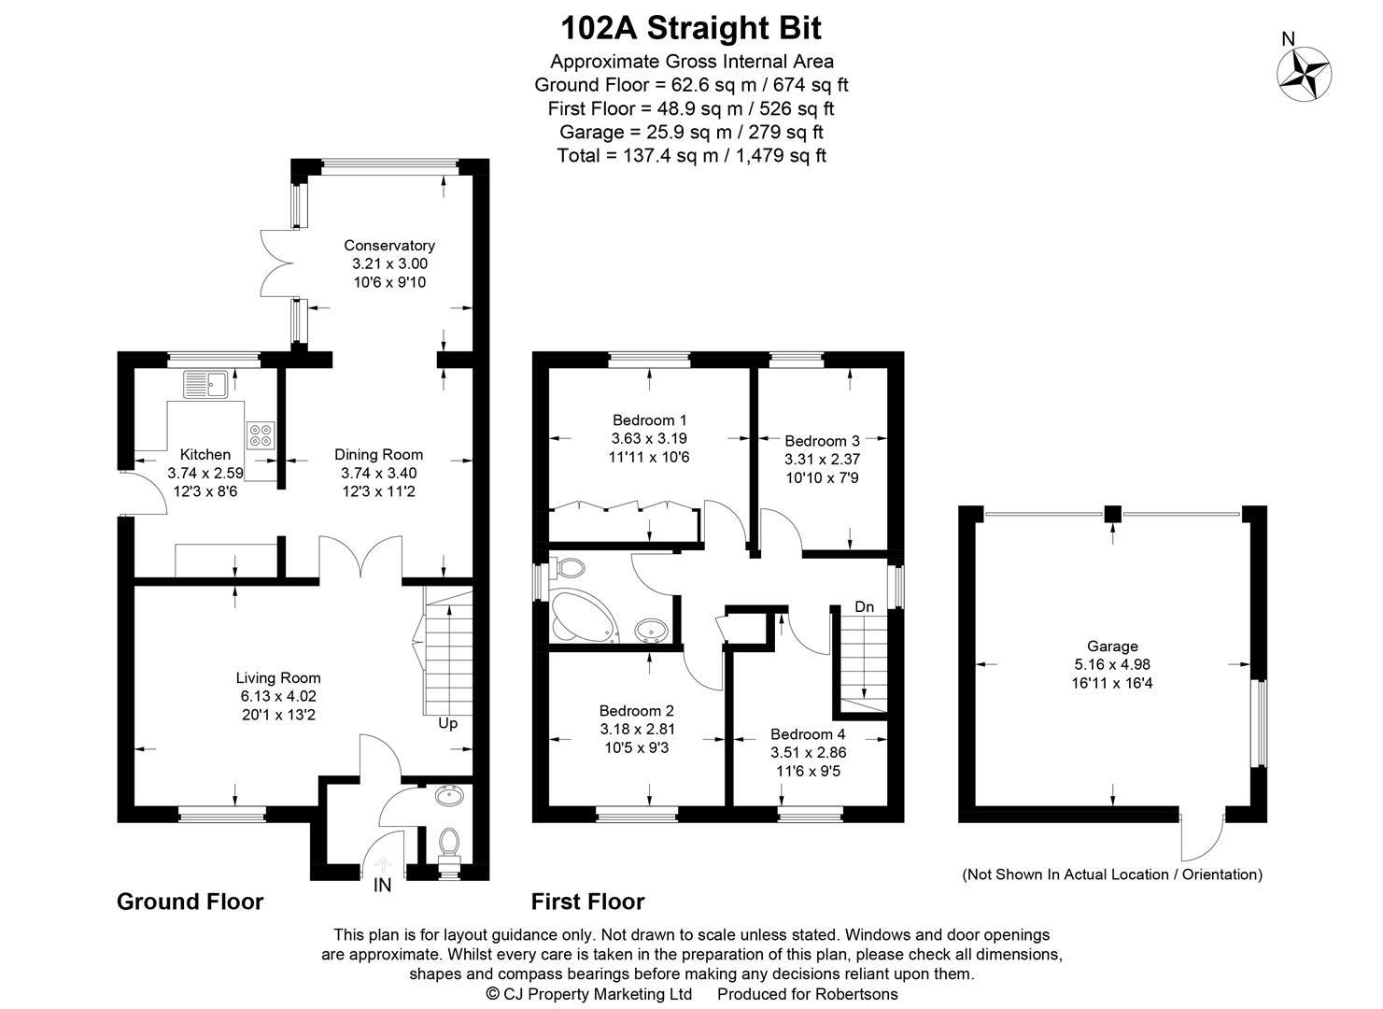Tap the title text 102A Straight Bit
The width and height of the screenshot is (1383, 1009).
coord(691,28)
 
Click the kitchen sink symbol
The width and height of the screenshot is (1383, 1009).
coord(206,384)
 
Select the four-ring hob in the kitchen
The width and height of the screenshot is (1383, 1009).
coord(261,434)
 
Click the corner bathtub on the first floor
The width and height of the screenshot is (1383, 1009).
coord(581,617)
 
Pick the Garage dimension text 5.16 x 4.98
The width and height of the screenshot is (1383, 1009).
coord(1112,664)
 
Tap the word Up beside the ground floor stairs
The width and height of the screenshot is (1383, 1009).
coord(448,723)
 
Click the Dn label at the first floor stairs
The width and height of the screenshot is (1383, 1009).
coord(865,607)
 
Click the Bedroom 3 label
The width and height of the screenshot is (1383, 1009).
coord(822,441)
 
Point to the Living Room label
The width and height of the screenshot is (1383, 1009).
coord(278,678)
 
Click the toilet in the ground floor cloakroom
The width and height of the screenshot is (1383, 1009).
coord(449,842)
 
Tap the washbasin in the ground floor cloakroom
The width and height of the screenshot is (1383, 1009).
coord(450,796)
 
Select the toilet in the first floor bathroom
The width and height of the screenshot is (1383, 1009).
coord(567,567)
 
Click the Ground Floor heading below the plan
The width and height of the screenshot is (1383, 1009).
coord(190,902)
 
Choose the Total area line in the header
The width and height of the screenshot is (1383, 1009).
coord(691,156)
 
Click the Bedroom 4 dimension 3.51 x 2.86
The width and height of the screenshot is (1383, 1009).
coord(808,752)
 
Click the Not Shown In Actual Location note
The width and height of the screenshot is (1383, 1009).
coord(1112,874)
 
